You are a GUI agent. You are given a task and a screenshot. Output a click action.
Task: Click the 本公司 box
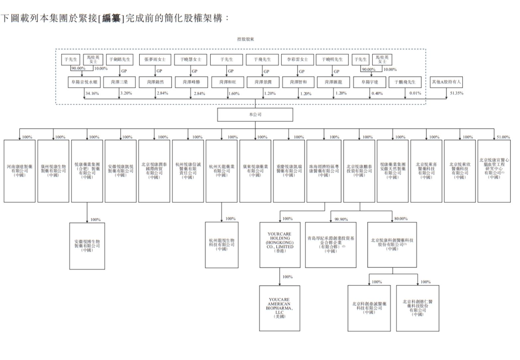pyautogui.click(x=255, y=115)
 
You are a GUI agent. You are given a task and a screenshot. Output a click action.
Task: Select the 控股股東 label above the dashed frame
pyautogui.click(x=246, y=39)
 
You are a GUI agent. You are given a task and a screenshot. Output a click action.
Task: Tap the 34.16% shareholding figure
pyautogui.click(x=92, y=94)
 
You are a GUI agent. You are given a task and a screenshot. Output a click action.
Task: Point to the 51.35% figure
pyautogui.click(x=457, y=93)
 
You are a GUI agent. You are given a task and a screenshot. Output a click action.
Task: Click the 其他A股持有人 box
pyautogui.click(x=446, y=82)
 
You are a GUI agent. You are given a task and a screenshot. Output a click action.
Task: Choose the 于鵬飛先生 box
pyautogui.click(x=405, y=82)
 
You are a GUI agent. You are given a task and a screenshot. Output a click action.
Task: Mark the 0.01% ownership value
pyautogui.click(x=415, y=93)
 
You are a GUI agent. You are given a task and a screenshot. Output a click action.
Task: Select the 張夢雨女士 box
pyautogui.click(x=155, y=59)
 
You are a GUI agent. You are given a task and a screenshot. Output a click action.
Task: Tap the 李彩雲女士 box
pyautogui.click(x=297, y=59)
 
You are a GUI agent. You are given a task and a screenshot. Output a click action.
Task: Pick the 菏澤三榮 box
pyautogui.click(x=119, y=82)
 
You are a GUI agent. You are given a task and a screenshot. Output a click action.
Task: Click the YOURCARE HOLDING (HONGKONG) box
pyautogui.click(x=280, y=244)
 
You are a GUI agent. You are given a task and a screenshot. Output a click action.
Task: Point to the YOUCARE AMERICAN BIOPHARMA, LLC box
pyautogui.click(x=279, y=308)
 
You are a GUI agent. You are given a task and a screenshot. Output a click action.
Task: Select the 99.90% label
pyautogui.click(x=341, y=219)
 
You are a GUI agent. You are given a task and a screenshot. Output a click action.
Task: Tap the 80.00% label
pyautogui.click(x=401, y=219)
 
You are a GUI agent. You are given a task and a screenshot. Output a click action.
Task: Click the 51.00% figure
pyautogui.click(x=503, y=137)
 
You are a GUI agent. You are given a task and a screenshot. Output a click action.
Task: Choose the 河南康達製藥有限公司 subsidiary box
pyautogui.click(x=20, y=171)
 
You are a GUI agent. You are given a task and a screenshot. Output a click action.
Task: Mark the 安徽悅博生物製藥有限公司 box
pyautogui.click(x=87, y=246)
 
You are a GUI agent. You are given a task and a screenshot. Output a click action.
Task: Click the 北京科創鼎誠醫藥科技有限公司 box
pyautogui.click(x=369, y=308)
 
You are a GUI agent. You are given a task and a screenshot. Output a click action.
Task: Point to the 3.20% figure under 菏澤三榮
pyautogui.click(x=126, y=93)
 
